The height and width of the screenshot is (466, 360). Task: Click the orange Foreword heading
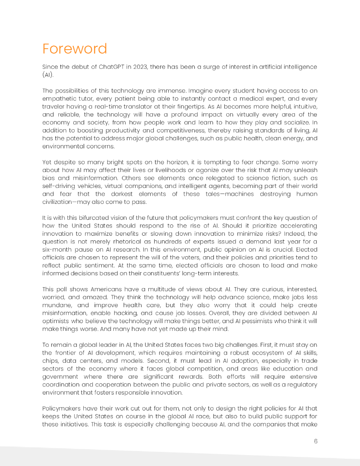tap(75, 49)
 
